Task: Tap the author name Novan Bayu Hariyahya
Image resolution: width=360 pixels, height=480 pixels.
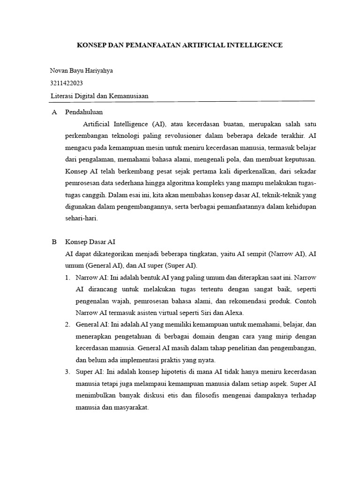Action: coord(81,71)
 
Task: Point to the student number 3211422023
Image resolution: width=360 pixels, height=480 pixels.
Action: coord(67,83)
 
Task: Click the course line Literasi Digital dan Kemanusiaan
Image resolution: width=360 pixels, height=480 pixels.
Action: coord(99,96)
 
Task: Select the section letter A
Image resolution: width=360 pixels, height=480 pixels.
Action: coord(54,112)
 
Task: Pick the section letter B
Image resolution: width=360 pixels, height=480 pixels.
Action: coord(54,242)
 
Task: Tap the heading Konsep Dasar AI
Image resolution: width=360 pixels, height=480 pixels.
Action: coord(90,242)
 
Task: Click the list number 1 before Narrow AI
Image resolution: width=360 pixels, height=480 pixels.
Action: coord(67,278)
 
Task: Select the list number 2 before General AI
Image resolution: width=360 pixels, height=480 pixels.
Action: coord(67,324)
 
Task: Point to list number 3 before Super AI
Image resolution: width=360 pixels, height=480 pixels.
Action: coord(67,372)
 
